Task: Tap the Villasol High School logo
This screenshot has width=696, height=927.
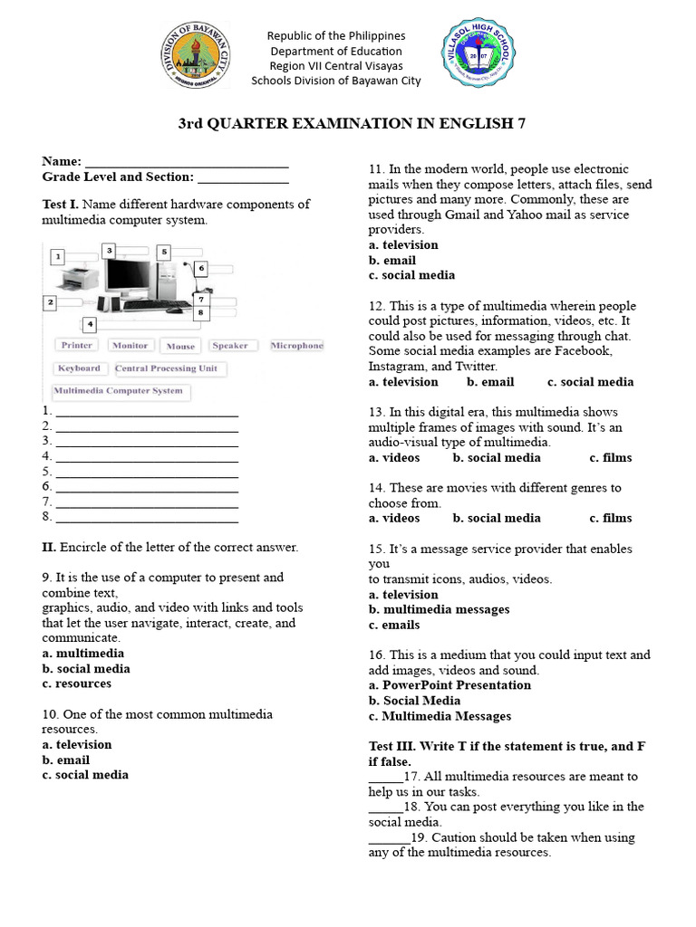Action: [x=476, y=56]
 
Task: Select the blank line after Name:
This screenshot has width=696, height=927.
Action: [x=187, y=162]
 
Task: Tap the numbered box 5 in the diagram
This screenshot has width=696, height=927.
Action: [x=164, y=252]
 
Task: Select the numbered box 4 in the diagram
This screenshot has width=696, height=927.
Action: [x=89, y=324]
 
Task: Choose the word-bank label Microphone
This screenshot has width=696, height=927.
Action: [x=296, y=346]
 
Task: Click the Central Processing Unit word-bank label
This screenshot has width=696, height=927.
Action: [x=169, y=368]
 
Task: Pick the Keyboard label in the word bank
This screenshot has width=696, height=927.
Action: [x=79, y=368]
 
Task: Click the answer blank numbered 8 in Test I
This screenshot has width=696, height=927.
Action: [x=147, y=518]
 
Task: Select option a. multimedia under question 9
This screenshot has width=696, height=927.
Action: [x=83, y=654]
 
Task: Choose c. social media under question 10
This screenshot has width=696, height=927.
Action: [x=85, y=775]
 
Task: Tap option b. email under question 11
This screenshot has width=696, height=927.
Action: [x=392, y=261]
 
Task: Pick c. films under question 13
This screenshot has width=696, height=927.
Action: [x=611, y=458]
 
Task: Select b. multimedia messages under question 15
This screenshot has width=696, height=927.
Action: [x=439, y=610]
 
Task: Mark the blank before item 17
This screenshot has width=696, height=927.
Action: [x=385, y=778]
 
